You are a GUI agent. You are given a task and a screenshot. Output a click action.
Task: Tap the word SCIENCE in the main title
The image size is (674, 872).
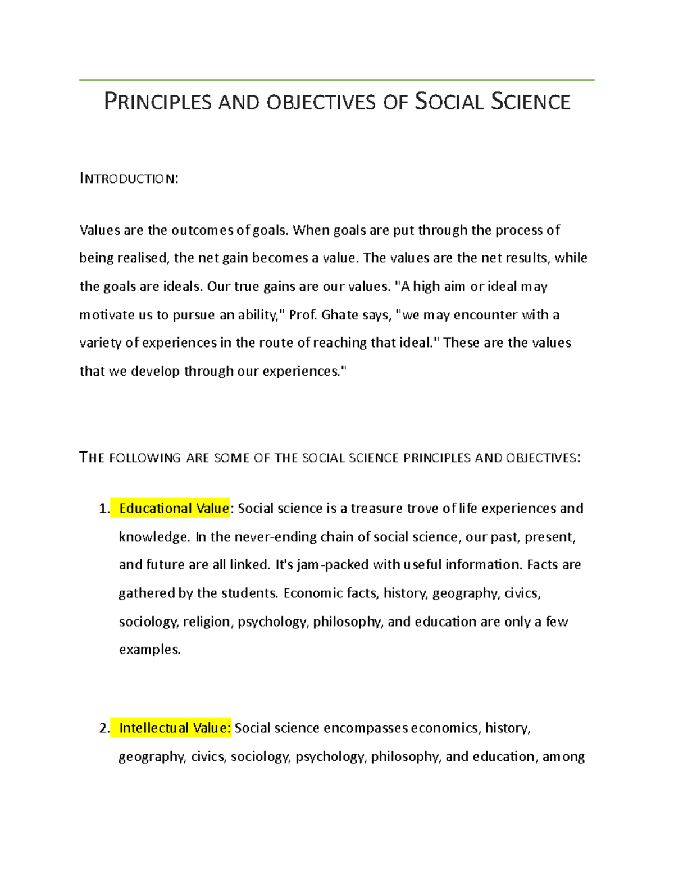tap(530, 102)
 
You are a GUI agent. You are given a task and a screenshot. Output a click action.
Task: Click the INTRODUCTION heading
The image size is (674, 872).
tap(129, 179)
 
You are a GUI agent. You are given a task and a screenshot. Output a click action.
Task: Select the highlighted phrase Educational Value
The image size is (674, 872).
tap(174, 508)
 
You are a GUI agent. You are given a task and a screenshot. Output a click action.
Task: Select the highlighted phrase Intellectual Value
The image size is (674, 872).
tap(175, 728)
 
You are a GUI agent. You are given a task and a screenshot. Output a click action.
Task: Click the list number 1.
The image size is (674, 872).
tap(103, 509)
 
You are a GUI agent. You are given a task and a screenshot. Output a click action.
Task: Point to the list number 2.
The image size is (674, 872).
tap(103, 729)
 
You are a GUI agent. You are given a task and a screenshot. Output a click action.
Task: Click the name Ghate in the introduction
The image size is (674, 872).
tap(340, 315)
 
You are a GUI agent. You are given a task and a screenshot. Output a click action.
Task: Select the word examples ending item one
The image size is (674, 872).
tap(149, 650)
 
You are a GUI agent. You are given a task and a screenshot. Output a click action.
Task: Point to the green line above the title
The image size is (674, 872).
tap(336, 80)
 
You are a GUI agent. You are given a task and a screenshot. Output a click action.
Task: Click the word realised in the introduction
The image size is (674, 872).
tap(142, 258)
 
